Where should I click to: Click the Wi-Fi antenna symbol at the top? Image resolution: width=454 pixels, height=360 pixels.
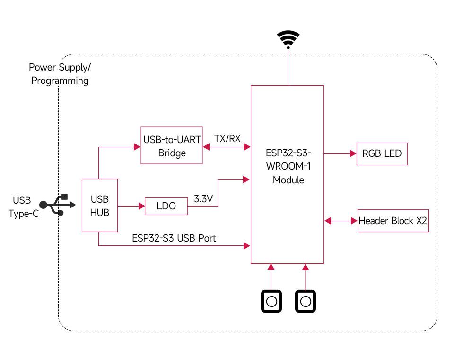pyautogui.click(x=288, y=39)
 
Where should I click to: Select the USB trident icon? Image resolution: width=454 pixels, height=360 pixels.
pyautogui.click(x=57, y=205)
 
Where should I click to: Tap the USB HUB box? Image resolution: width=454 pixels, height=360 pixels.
pyautogui.click(x=99, y=206)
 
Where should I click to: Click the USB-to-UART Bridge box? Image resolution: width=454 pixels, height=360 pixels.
pyautogui.click(x=172, y=146)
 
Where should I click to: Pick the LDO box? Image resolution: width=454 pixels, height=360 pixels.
pyautogui.click(x=166, y=206)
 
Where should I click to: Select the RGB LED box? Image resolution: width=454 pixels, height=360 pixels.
pyautogui.click(x=382, y=153)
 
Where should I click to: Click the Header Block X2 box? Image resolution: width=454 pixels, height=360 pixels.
pyautogui.click(x=393, y=221)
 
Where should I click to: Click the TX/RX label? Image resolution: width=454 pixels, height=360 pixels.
pyautogui.click(x=227, y=139)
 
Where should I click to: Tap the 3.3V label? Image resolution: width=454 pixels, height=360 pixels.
pyautogui.click(x=203, y=199)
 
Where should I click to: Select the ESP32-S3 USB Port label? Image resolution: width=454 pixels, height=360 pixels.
pyautogui.click(x=174, y=238)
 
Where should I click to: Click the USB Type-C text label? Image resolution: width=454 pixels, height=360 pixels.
pyautogui.click(x=22, y=207)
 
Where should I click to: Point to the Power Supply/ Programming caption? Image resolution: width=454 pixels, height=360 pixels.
pyautogui.click(x=60, y=74)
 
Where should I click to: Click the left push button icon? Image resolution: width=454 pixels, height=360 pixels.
pyautogui.click(x=271, y=301)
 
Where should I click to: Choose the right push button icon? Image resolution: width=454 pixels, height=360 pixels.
pyautogui.click(x=306, y=301)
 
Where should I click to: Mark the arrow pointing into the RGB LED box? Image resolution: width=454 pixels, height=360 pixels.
pyautogui.click(x=340, y=153)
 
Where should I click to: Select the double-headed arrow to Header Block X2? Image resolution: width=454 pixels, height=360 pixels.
pyautogui.click(x=340, y=221)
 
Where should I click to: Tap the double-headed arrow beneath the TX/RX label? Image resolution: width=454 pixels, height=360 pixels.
pyautogui.click(x=227, y=147)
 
